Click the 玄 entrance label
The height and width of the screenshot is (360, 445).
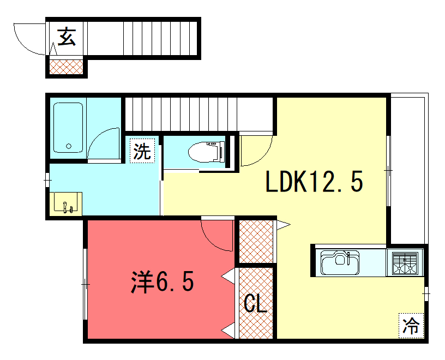coord(67,37)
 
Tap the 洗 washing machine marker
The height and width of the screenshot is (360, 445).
coord(142,151)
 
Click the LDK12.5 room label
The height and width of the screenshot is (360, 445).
coord(314,182)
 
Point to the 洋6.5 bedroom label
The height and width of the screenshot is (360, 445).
coord(163,281)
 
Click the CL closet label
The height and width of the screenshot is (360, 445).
coord(255,303)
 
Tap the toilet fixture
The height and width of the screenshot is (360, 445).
coord(207,152)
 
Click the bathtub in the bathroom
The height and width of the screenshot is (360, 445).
coord(68,128)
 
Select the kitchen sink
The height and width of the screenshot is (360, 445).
coord(340,262)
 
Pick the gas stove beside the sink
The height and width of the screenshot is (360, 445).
coord(405,263)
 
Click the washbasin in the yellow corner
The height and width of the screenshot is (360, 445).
coord(66,203)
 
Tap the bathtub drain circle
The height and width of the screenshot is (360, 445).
coord(69,146)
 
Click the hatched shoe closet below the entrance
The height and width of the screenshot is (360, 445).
coord(67,67)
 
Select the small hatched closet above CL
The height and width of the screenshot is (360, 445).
coord(256,242)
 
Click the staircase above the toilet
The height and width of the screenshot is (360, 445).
coord(199,114)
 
